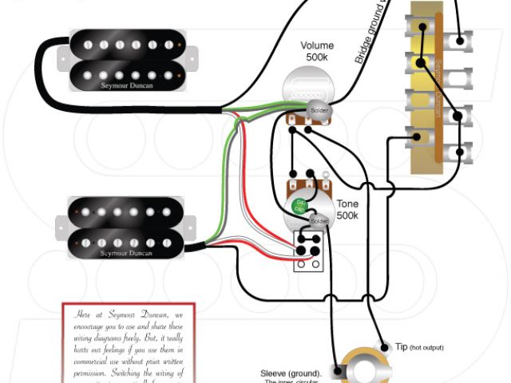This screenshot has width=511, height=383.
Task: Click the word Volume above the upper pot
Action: (317, 45)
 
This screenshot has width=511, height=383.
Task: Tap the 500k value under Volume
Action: (317, 58)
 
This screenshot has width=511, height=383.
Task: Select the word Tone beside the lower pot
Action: (347, 203)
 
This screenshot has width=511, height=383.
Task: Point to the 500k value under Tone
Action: (347, 215)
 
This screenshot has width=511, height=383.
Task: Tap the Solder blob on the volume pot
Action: (319, 109)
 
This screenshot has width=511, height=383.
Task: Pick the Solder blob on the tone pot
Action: (319, 219)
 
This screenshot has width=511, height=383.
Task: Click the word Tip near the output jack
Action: (402, 347)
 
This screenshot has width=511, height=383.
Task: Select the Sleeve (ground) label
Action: (291, 373)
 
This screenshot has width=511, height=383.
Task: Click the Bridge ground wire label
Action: (371, 36)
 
